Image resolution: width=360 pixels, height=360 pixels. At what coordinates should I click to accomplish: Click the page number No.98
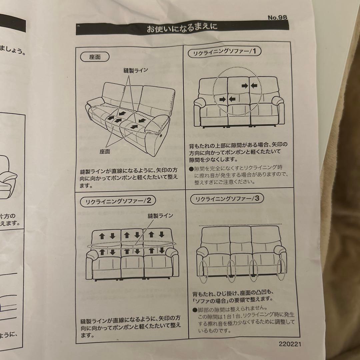277,18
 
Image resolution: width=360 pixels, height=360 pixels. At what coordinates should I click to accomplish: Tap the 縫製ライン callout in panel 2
160,216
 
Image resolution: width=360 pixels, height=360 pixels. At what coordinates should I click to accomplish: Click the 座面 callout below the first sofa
105,152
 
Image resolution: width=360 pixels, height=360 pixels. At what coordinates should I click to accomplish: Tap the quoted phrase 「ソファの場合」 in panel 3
210,299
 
